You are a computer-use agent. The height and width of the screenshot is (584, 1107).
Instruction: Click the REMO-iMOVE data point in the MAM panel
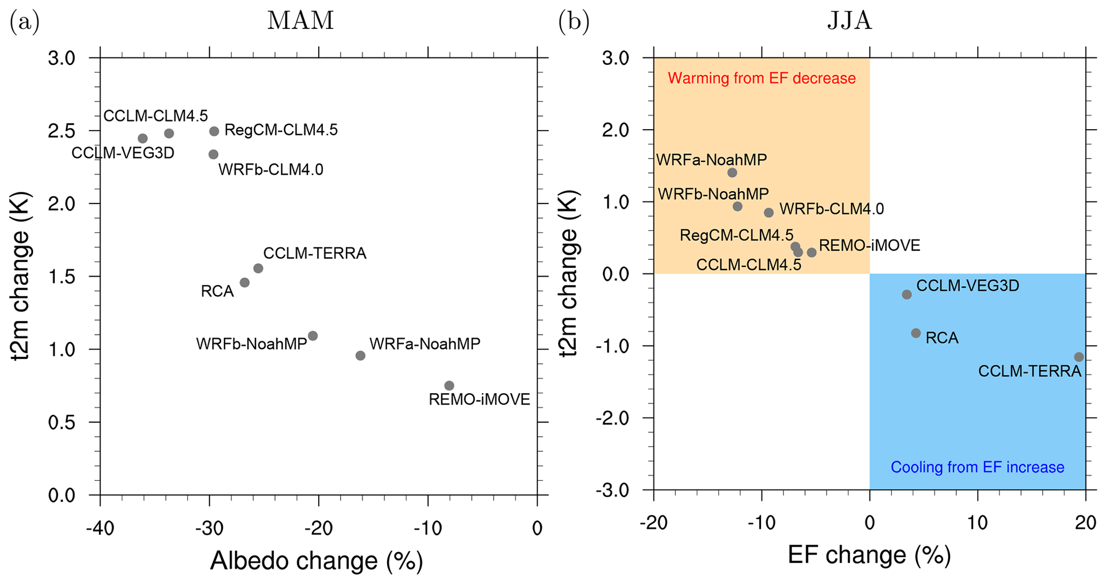tap(449, 386)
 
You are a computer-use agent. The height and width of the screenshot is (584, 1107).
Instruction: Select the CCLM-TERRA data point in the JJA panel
tap(1079, 357)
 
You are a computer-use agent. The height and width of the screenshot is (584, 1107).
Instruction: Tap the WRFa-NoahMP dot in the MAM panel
tap(360, 356)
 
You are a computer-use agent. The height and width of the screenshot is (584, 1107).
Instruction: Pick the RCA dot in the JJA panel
tap(916, 333)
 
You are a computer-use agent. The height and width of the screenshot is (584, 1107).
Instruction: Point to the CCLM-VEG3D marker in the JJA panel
tap(907, 295)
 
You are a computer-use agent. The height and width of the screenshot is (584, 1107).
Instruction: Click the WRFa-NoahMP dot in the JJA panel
tap(732, 173)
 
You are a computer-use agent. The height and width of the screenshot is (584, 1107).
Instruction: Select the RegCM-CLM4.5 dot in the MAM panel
tap(214, 131)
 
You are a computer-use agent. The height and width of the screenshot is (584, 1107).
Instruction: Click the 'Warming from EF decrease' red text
tap(762, 78)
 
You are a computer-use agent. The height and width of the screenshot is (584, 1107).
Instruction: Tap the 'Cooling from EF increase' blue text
tap(977, 467)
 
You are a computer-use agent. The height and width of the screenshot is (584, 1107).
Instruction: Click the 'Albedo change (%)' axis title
tap(317, 561)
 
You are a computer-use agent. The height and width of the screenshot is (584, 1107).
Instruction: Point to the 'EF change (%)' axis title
tap(869, 556)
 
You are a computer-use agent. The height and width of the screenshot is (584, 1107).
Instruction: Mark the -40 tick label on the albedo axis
tap(100, 528)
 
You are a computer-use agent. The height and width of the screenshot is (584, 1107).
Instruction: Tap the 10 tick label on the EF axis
tap(978, 523)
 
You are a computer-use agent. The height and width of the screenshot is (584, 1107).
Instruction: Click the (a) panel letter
tap(25, 22)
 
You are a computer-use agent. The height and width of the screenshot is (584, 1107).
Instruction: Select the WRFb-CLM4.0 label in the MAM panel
tap(271, 170)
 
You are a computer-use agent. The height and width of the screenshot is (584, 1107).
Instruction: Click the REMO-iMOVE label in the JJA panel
tap(870, 245)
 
